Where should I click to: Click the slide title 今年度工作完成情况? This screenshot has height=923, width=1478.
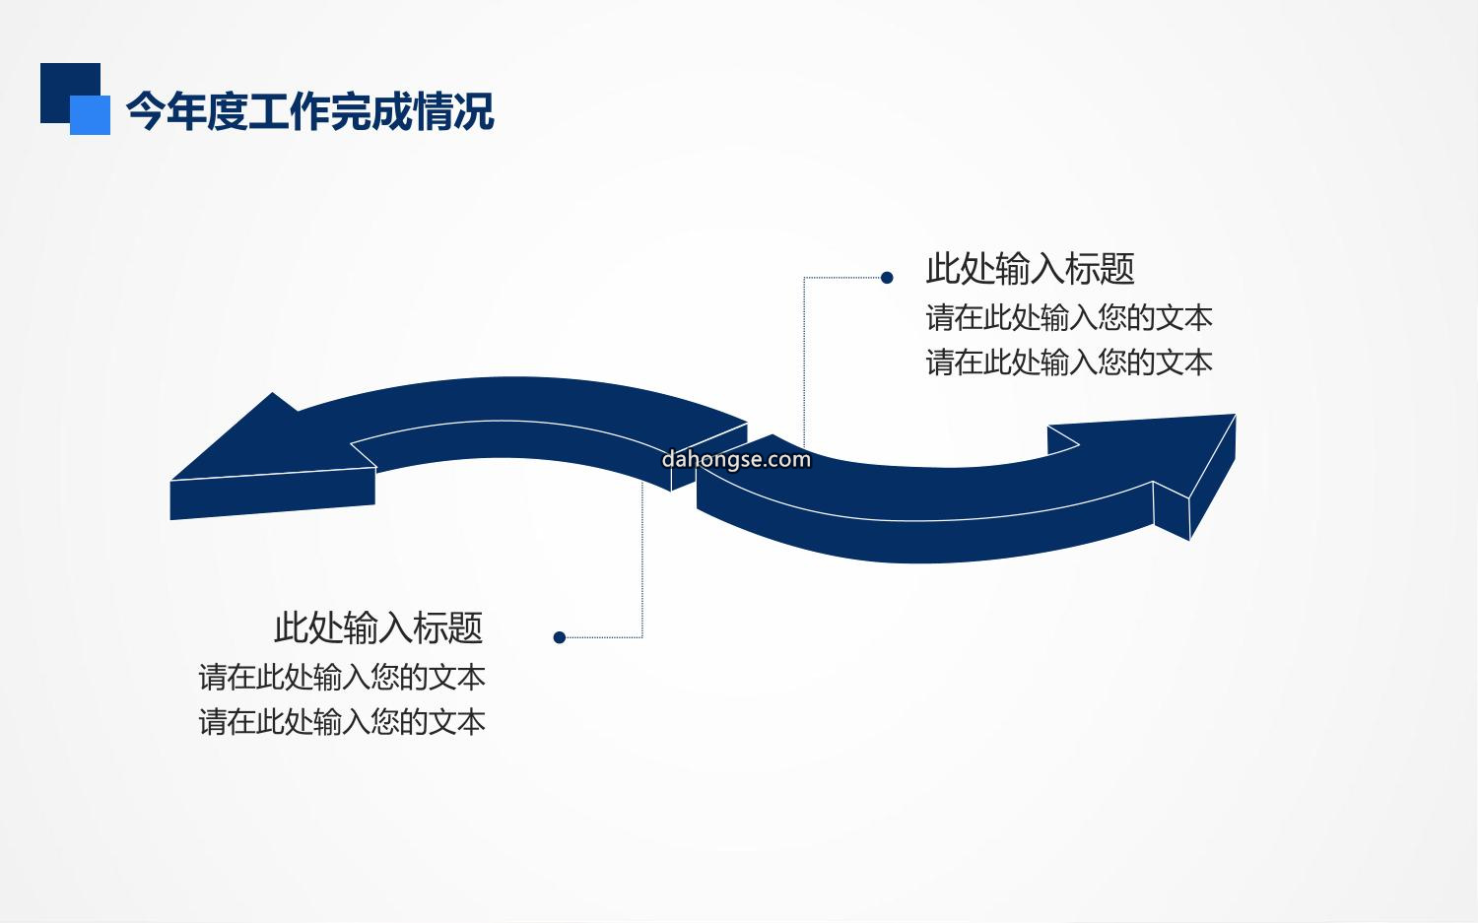[309, 111]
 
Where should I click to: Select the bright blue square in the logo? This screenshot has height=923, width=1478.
[91, 115]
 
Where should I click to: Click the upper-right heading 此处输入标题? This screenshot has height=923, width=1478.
[1030, 269]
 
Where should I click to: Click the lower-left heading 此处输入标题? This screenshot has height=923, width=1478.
[378, 627]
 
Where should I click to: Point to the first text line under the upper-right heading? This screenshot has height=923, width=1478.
[1069, 318]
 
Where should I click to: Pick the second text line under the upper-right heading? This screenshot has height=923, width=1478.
[1069, 363]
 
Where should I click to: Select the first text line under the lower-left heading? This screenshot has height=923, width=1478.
[342, 678]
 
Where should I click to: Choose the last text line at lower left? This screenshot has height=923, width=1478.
[342, 722]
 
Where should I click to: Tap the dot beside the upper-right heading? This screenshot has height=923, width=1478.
[887, 278]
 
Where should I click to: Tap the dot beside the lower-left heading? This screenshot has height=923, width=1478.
[560, 637]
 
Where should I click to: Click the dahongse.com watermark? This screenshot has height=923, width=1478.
[736, 459]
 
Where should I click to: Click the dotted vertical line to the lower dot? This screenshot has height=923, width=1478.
[642, 560]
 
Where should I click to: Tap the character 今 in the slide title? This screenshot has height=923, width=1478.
[145, 111]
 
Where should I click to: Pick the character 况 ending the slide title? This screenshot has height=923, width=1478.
[474, 111]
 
